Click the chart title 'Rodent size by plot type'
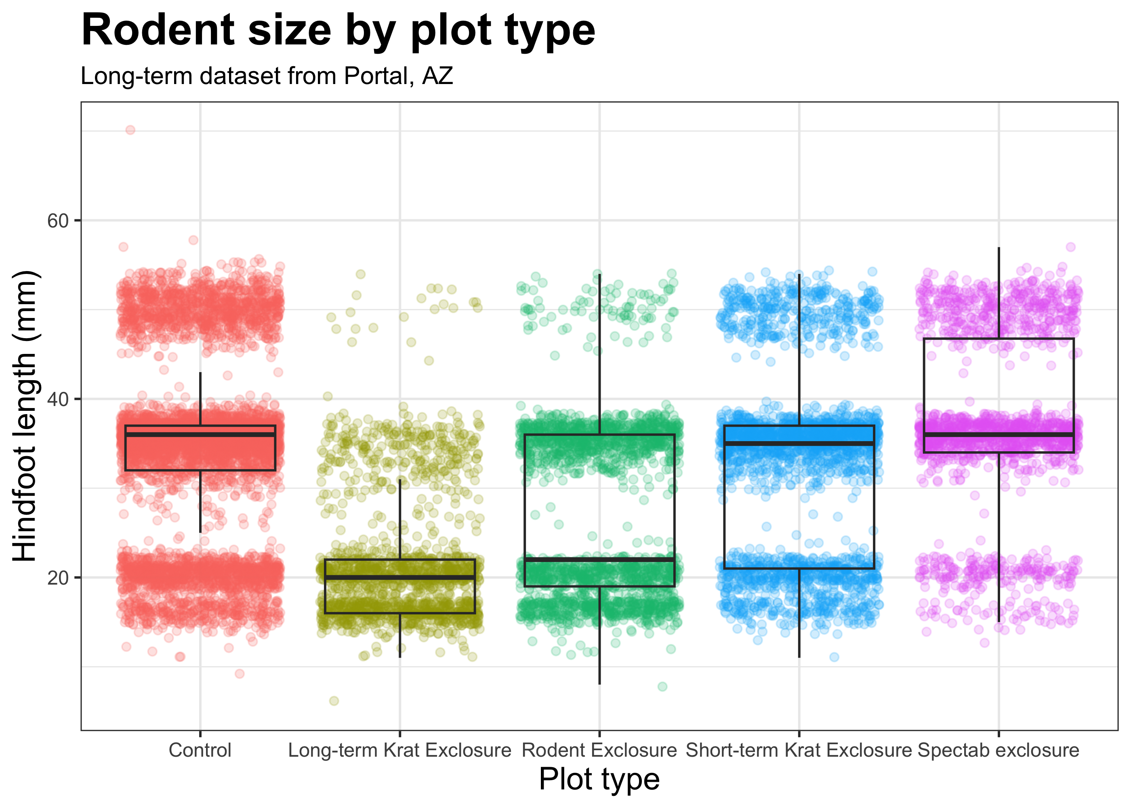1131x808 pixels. [338, 31]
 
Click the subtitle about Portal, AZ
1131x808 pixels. [267, 76]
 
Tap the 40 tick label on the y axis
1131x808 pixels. [57, 399]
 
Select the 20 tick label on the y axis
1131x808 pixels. [57, 578]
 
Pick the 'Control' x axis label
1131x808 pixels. [200, 750]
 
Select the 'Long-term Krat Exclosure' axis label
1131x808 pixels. [399, 750]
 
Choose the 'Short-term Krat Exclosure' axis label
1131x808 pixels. [799, 750]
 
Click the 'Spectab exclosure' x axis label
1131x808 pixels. [998, 750]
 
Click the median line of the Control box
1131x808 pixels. [200, 434]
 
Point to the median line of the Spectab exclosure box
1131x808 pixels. [998, 434]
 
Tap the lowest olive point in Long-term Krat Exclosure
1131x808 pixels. [334, 701]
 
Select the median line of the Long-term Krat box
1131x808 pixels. [399, 577]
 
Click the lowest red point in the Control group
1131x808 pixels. [240, 673]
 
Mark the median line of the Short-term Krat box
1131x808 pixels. [799, 443]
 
